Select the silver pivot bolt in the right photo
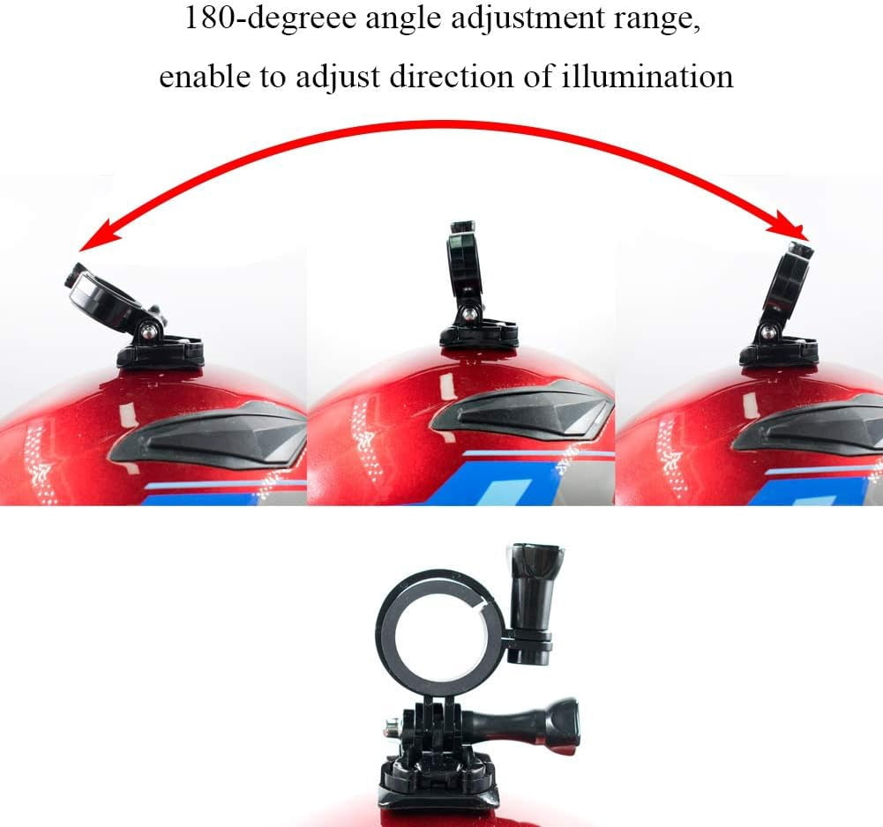click(x=769, y=332)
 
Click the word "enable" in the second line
click(x=195, y=76)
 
